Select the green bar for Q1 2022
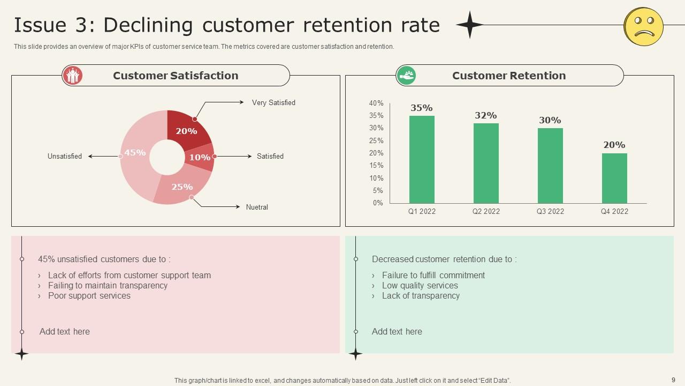point(422,159)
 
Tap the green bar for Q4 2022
point(614,178)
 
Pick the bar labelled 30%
point(550,165)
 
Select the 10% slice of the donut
point(201,157)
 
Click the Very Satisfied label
point(273,102)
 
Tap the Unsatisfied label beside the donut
point(65,157)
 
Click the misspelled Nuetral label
point(257,207)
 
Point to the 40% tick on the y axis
point(376,103)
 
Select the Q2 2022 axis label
point(486,211)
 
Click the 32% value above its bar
point(486,115)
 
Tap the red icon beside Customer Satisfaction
point(72,76)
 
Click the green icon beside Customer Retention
point(406,76)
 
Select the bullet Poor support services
point(89,295)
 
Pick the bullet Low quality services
point(420,285)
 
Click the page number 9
point(673,380)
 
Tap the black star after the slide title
point(469,25)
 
